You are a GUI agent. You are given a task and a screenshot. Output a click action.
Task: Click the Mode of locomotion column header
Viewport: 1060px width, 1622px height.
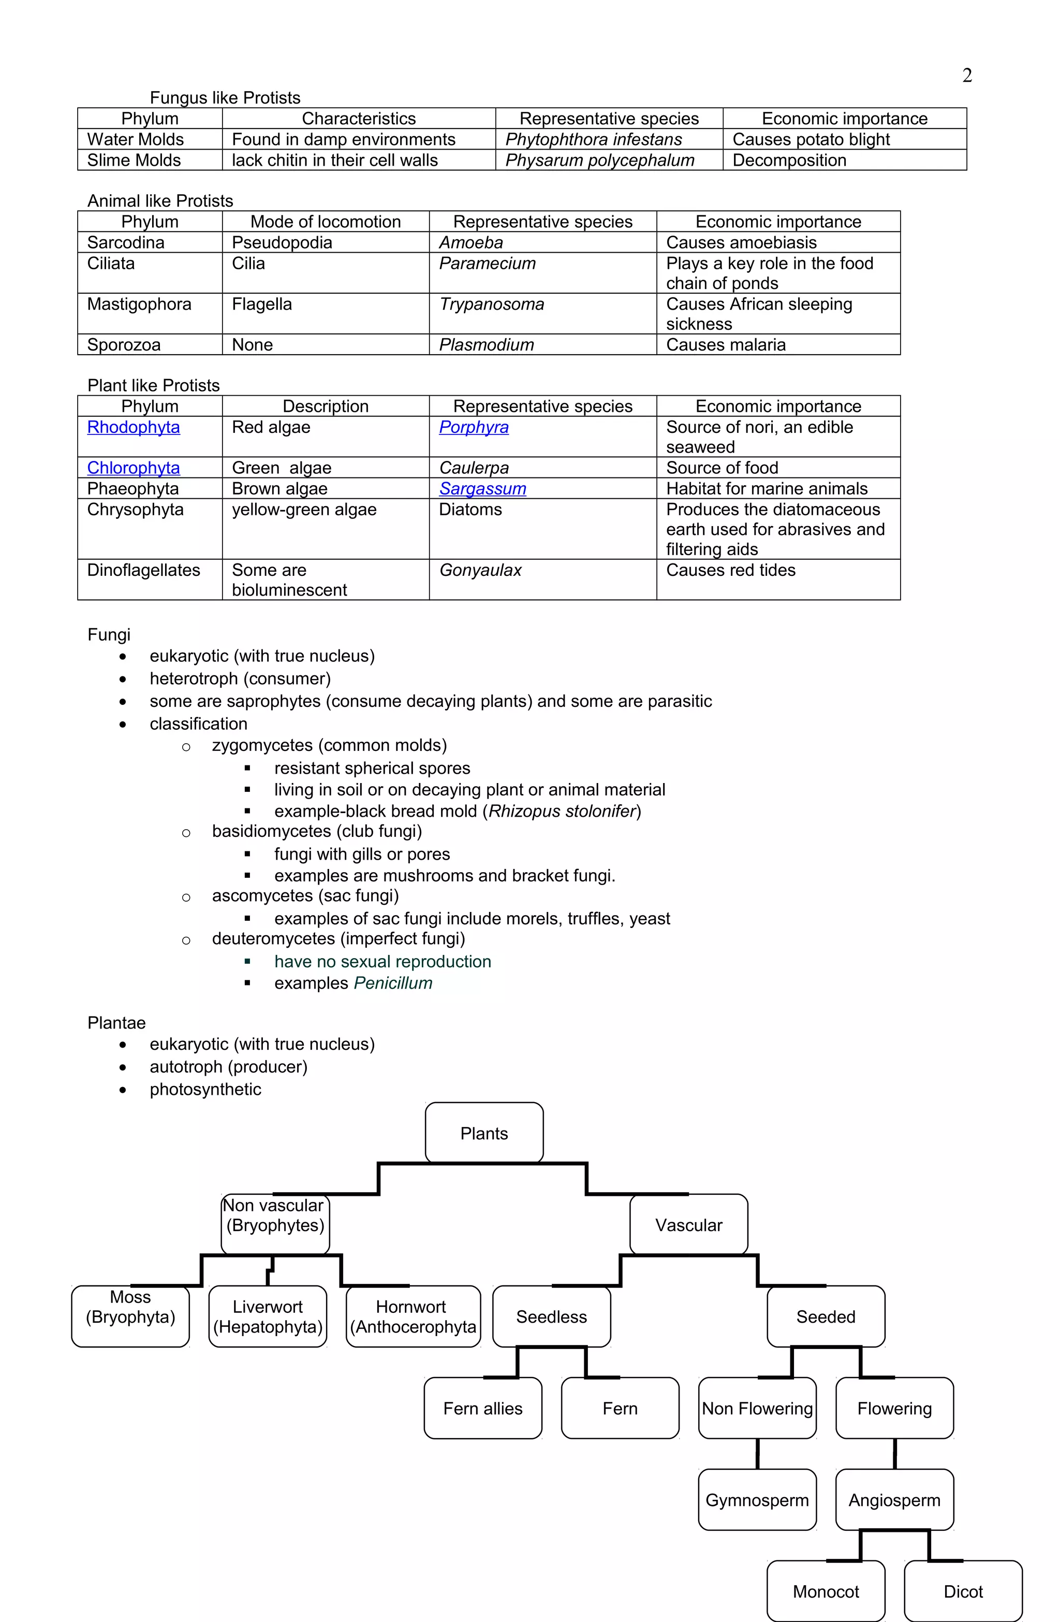325,222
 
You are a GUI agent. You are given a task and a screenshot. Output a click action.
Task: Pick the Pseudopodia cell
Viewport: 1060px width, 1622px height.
282,242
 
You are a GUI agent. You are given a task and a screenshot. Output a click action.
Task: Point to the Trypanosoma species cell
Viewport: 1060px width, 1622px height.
491,305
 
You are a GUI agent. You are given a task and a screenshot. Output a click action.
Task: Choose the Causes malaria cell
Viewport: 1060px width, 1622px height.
726,345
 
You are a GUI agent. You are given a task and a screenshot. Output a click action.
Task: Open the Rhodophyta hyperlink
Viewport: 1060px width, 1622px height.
134,427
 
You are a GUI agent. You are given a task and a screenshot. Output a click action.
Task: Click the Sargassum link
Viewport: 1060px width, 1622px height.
482,489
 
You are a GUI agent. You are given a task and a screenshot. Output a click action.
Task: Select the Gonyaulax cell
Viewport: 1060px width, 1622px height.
480,570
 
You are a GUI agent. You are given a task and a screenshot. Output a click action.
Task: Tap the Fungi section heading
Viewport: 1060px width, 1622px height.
108,634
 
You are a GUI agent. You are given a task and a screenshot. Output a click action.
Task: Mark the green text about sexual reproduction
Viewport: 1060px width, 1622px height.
382,962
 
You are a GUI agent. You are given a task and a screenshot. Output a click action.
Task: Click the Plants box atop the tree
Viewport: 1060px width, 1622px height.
483,1133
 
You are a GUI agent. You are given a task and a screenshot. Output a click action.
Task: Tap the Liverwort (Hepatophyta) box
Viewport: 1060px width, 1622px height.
268,1316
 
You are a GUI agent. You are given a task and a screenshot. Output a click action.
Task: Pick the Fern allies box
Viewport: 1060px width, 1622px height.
482,1408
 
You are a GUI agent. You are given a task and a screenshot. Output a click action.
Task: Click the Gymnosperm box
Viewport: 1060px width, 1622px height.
757,1500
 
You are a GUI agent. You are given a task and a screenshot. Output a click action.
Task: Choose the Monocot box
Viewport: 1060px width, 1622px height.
826,1591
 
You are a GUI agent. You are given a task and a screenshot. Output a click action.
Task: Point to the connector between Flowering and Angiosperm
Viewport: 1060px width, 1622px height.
894,1454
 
